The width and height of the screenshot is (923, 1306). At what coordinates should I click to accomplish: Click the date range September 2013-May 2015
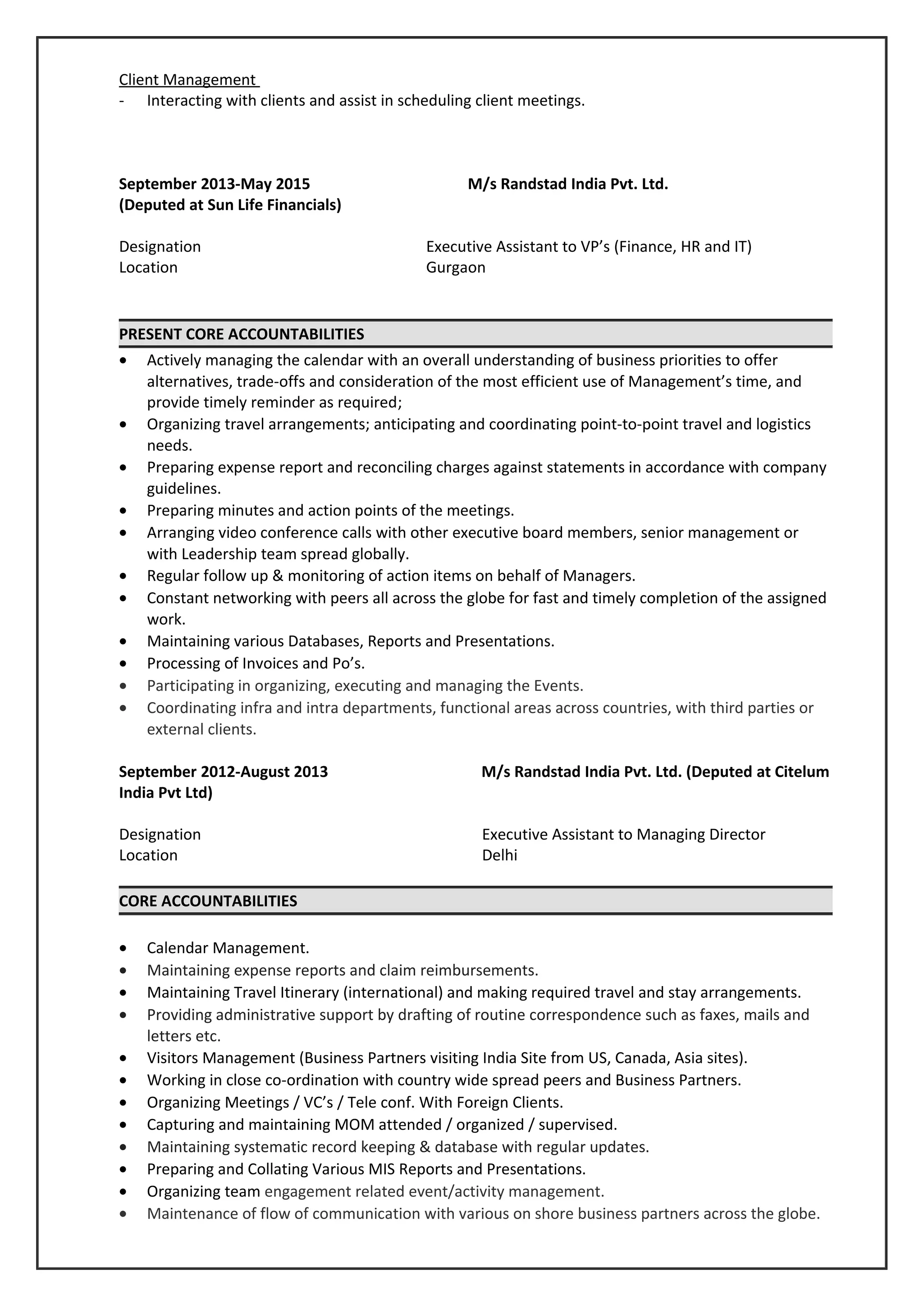[215, 184]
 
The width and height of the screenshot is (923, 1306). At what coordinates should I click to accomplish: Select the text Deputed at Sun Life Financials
[230, 205]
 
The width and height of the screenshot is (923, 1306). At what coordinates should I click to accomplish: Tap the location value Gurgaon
[456, 267]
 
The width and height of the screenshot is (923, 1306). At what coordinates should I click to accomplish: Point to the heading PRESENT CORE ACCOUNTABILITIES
[241, 334]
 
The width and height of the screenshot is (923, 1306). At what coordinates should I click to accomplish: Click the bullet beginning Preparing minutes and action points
[330, 510]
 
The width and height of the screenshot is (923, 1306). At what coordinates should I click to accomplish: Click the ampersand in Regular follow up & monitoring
[278, 575]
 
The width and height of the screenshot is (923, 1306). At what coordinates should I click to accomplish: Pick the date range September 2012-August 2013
[223, 772]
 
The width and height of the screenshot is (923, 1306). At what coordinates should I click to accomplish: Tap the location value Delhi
[499, 855]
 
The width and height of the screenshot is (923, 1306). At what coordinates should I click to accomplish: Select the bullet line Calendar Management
[228, 948]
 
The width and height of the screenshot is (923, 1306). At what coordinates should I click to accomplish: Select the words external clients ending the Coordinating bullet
[201, 729]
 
